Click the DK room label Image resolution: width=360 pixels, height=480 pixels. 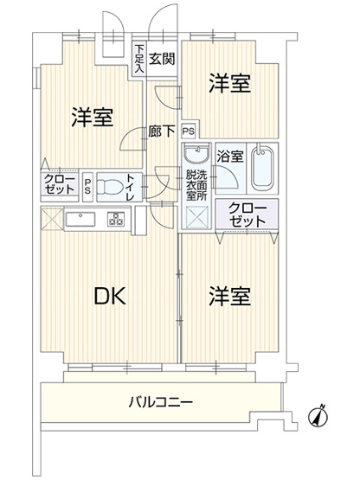111,297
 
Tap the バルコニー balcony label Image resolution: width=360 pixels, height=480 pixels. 161,402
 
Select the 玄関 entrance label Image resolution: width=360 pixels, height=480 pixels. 162,59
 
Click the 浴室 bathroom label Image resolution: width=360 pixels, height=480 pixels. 228,157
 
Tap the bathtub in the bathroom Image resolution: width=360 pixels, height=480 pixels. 260,169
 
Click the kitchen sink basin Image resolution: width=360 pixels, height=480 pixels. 81,218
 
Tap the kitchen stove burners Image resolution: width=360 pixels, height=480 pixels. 115,219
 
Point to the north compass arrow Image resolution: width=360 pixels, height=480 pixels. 319,416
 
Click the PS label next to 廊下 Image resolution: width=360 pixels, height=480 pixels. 188,131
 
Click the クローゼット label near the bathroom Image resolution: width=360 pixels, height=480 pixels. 247,214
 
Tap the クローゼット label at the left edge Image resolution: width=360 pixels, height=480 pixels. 59,184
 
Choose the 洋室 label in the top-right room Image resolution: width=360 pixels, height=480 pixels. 230,84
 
